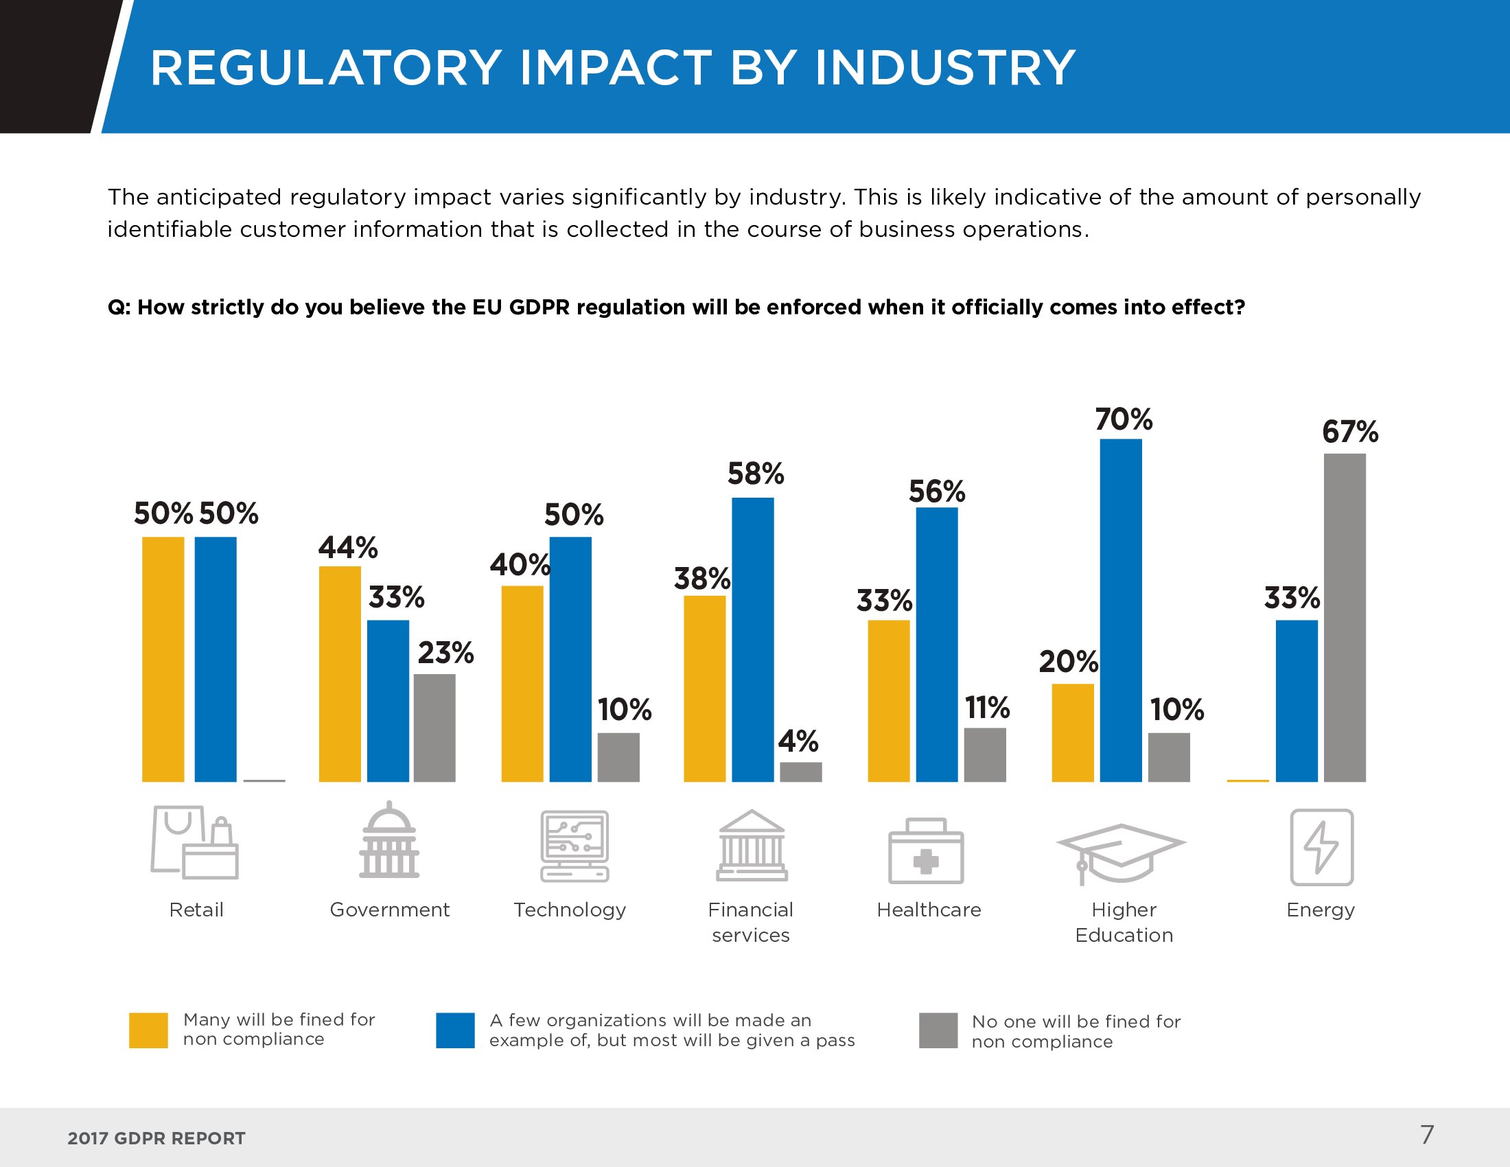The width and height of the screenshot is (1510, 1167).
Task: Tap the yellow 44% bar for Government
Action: point(340,674)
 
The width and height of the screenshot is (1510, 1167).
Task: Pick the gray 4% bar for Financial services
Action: point(800,772)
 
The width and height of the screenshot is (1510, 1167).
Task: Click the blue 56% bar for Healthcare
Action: point(937,645)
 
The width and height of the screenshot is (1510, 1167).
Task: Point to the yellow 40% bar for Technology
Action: point(522,684)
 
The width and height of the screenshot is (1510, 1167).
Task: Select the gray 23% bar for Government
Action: point(434,727)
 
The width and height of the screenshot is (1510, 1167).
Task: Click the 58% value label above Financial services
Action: point(756,474)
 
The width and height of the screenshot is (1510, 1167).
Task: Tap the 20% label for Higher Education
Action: point(1068,662)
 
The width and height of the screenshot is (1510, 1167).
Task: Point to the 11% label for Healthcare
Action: point(986,708)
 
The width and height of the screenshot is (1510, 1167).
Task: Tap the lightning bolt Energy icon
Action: point(1321,847)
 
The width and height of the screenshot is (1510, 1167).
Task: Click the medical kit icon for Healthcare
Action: point(925,851)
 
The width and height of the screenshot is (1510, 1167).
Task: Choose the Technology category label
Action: point(570,910)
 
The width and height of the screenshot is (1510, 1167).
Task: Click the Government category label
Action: point(389,910)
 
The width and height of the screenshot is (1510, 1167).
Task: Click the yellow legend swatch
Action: point(148,1030)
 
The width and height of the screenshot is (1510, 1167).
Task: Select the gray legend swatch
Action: point(938,1030)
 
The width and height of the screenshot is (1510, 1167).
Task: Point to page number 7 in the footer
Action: point(1427,1135)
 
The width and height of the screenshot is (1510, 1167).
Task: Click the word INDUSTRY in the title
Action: point(944,68)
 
